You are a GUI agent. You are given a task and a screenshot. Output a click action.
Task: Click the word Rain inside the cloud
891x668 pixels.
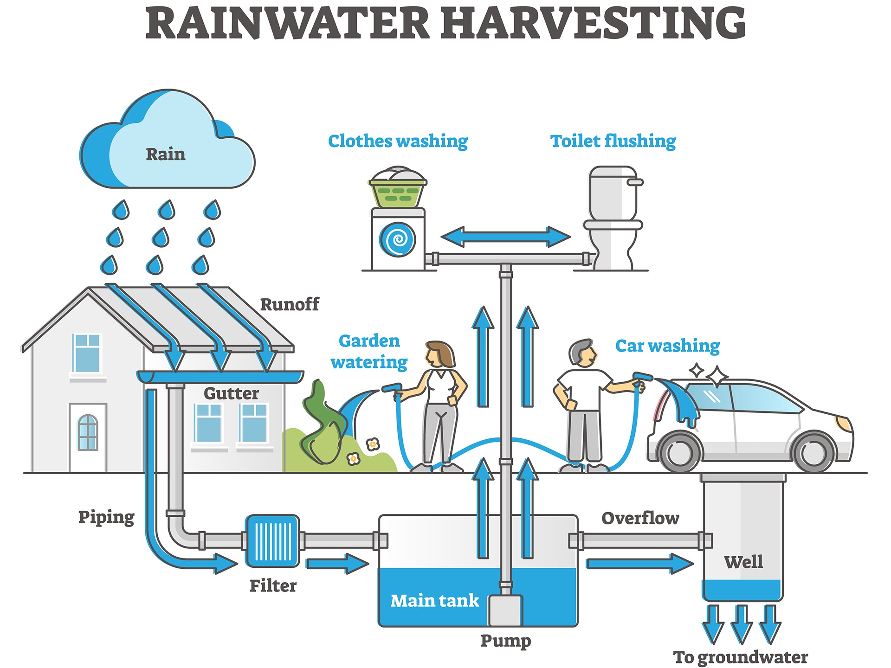pyautogui.click(x=166, y=154)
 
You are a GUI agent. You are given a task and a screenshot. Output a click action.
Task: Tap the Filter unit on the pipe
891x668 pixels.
pyautogui.click(x=272, y=541)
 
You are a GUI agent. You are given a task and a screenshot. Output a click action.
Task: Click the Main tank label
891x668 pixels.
pyautogui.click(x=434, y=601)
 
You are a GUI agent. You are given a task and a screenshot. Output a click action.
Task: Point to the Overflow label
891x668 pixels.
pyautogui.click(x=640, y=518)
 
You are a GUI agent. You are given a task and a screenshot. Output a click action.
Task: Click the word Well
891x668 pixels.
pyautogui.click(x=743, y=562)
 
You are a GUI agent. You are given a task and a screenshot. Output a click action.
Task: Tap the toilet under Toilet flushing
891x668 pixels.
pyautogui.click(x=613, y=218)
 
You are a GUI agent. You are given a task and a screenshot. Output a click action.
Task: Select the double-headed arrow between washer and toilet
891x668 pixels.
pyautogui.click(x=505, y=237)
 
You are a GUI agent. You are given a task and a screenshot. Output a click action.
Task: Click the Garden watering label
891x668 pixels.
pyautogui.click(x=369, y=352)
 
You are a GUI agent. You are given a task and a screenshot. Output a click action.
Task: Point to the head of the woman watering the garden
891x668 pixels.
pyautogui.click(x=439, y=355)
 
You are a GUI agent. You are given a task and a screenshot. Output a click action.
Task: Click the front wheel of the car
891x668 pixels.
pyautogui.click(x=814, y=451)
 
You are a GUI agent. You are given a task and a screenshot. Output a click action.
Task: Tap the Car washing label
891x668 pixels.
pyautogui.click(x=667, y=346)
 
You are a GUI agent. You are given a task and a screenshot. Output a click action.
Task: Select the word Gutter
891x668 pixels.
pyautogui.click(x=231, y=394)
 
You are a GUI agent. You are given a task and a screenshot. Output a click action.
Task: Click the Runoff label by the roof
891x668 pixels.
pyautogui.click(x=290, y=305)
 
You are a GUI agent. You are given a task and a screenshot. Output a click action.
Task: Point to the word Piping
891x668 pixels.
pyautogui.click(x=106, y=517)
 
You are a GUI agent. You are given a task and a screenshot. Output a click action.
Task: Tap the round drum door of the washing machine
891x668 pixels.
pyautogui.click(x=398, y=239)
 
